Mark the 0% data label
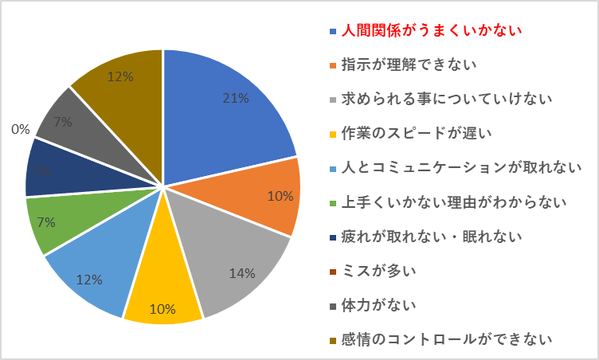click(20, 127)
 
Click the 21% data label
click(236, 99)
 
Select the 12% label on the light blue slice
click(88, 279)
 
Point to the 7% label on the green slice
click(46, 222)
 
